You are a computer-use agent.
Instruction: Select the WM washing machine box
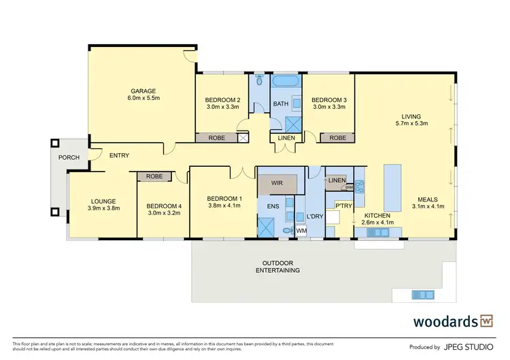pos(302,231)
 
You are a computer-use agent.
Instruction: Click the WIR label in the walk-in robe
pos(277,184)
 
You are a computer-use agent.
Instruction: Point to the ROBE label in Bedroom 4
pos(154,176)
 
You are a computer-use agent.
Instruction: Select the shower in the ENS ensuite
pos(267,225)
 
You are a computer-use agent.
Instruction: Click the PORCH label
pos(69,157)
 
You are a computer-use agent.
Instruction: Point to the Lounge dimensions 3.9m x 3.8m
pos(105,208)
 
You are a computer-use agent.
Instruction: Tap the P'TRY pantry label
pos(343,203)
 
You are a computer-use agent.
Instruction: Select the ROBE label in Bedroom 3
pos(337,138)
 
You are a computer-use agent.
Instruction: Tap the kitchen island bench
pos(393,188)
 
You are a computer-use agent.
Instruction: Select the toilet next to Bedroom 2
pos(259,84)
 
